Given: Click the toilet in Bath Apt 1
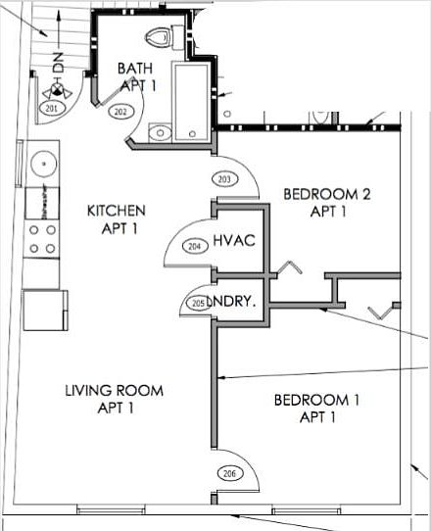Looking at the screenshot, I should (x=158, y=38).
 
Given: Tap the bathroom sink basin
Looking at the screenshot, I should (x=159, y=132).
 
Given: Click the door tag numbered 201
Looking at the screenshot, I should (x=51, y=108).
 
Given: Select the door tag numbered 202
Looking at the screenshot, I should (x=120, y=112).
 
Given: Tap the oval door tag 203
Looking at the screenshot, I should (x=224, y=179).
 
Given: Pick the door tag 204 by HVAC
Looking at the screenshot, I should (x=194, y=246).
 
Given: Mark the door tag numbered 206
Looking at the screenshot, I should (x=228, y=473).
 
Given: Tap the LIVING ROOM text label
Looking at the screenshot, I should (x=114, y=399).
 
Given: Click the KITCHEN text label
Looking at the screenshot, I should (x=117, y=218).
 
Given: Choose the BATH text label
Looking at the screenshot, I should (x=136, y=76).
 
